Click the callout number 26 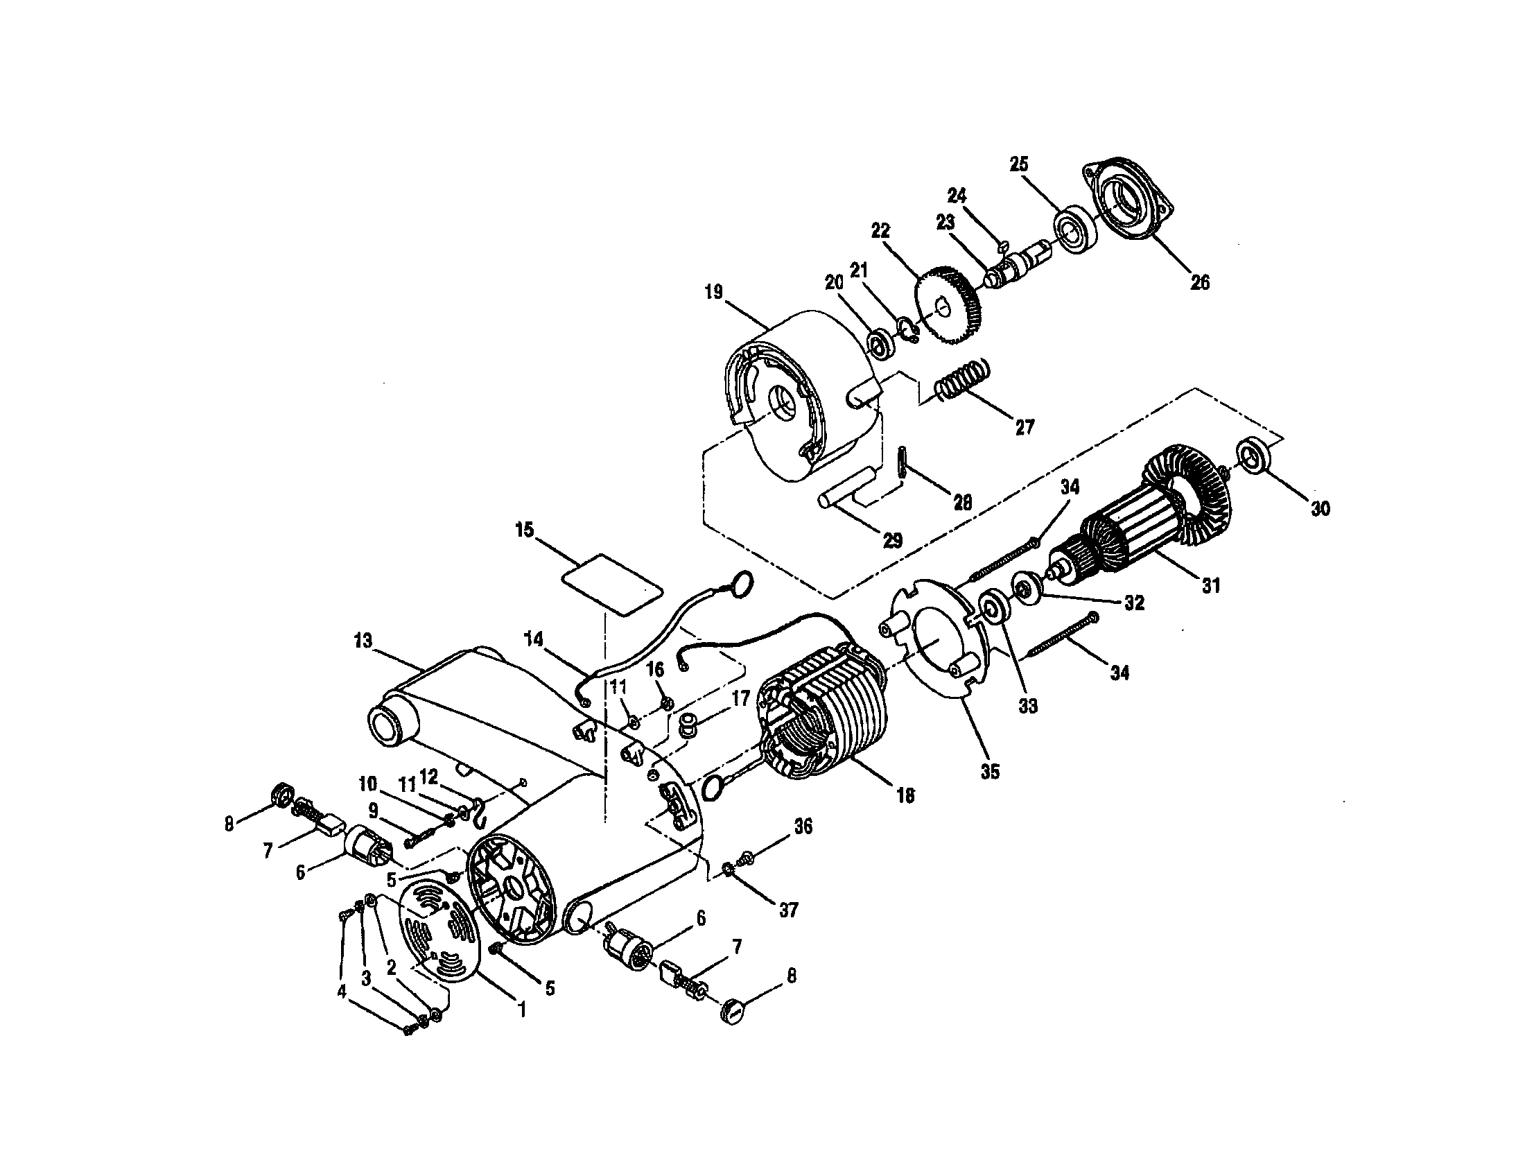pyautogui.click(x=1200, y=283)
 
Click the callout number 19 pyautogui.click(x=713, y=292)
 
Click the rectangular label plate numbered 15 pyautogui.click(x=612, y=584)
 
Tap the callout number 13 pyautogui.click(x=363, y=641)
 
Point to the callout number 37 pyautogui.click(x=787, y=910)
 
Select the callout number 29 pyautogui.click(x=893, y=540)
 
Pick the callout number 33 pyautogui.click(x=1028, y=706)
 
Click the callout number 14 pyautogui.click(x=534, y=641)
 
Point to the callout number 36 pyautogui.click(x=803, y=826)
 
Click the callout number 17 pyautogui.click(x=741, y=698)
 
